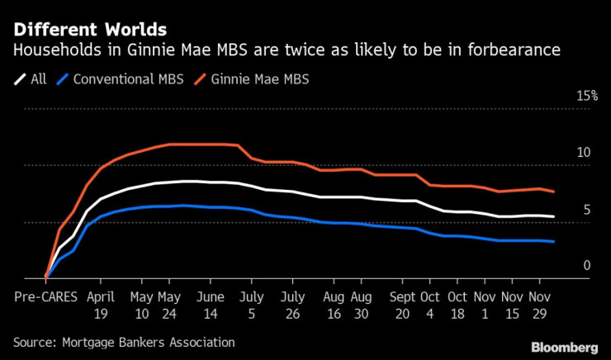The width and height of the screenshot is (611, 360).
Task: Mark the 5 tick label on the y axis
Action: pyautogui.click(x=587, y=210)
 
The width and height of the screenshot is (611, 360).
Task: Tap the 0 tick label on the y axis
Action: pyautogui.click(x=587, y=265)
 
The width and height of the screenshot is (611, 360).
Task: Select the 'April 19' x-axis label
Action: pyautogui.click(x=100, y=304)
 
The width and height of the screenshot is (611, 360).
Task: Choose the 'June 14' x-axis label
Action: pyautogui.click(x=212, y=304)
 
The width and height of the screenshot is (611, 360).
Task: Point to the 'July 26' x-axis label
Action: pyautogui.click(x=291, y=304)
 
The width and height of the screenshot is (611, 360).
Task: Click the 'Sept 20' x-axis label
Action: pyautogui.click(x=404, y=304)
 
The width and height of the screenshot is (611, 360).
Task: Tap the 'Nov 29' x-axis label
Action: pyautogui.click(x=539, y=304)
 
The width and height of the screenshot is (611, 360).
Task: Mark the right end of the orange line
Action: pyautogui.click(x=553, y=192)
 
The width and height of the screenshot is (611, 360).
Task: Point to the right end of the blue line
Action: pyautogui.click(x=553, y=242)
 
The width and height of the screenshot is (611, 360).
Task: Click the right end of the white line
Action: pyautogui.click(x=553, y=217)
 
